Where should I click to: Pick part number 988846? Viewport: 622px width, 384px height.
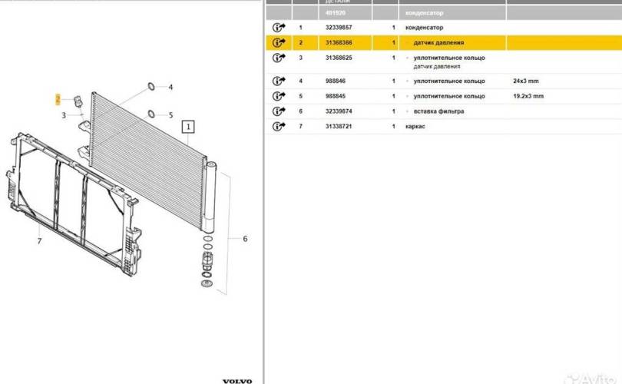click(334, 81)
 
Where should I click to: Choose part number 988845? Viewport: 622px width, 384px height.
click(334, 96)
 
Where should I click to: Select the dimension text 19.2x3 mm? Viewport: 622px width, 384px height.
click(528, 96)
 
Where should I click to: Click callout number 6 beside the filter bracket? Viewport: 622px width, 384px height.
click(245, 239)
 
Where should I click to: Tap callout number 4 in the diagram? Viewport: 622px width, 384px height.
click(170, 88)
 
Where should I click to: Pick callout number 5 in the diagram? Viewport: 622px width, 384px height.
click(170, 114)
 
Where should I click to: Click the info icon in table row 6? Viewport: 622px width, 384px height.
click(278, 111)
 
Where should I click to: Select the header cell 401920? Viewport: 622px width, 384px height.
click(335, 13)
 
